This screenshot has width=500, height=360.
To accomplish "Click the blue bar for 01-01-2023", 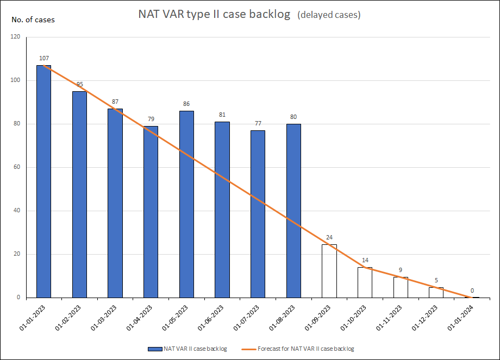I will pos(43,181).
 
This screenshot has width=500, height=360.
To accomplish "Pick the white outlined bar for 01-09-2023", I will pos(329,271).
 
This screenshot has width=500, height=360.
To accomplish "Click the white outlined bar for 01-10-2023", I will pos(365,282).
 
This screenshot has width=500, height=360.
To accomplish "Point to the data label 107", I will pos(43,58).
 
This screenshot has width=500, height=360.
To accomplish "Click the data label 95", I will pos(79,84).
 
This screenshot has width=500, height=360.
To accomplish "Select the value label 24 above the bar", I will pos(329,237).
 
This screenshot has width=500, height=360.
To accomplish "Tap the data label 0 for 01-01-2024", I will pos(472,290).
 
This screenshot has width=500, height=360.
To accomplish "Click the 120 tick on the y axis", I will pos(15,37).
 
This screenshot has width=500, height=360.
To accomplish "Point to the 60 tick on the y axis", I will pos(16,167).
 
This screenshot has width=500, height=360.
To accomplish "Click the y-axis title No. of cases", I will pos(33,20).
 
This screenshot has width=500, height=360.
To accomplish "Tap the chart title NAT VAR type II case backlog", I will pos(215,15).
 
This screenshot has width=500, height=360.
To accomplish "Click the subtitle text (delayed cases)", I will pos(329,15).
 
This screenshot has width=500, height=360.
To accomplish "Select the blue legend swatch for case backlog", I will pos(154,349).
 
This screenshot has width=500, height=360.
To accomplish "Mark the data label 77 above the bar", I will pos(258,123).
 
